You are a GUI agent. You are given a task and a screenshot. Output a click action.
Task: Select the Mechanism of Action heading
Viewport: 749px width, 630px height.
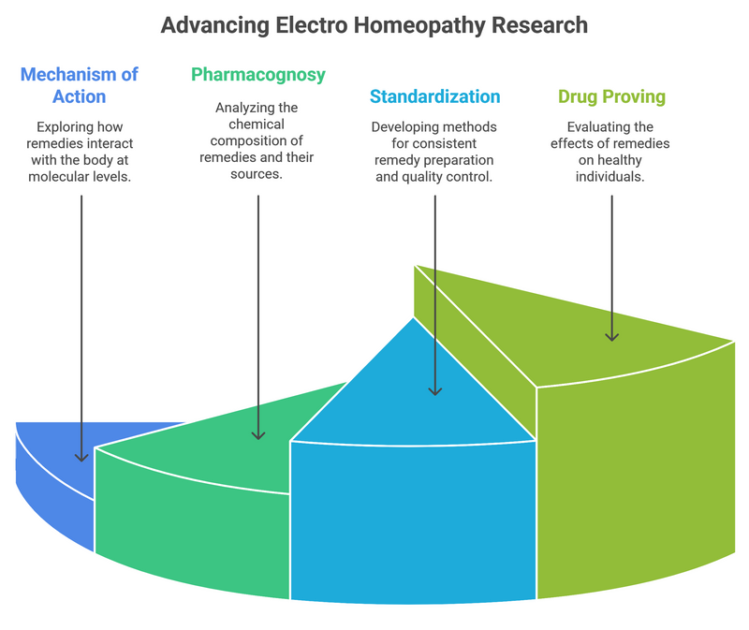tap(79, 85)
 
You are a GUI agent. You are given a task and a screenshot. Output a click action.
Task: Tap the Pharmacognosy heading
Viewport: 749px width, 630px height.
tap(258, 74)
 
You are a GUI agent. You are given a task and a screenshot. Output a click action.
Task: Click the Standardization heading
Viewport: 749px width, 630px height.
tap(434, 96)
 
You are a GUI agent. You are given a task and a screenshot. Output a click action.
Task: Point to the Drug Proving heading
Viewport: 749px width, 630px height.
tap(612, 96)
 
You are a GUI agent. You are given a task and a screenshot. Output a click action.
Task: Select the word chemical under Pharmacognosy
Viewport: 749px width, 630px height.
tap(257, 124)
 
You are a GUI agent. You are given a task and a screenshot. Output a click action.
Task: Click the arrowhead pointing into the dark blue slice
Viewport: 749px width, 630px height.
tap(81, 456)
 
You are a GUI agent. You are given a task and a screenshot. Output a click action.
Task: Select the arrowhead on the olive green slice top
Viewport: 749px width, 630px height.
tap(612, 334)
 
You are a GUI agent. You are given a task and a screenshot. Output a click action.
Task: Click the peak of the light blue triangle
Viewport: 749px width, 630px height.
tap(414, 319)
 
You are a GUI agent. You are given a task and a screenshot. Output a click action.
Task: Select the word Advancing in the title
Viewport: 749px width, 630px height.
tap(210, 24)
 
